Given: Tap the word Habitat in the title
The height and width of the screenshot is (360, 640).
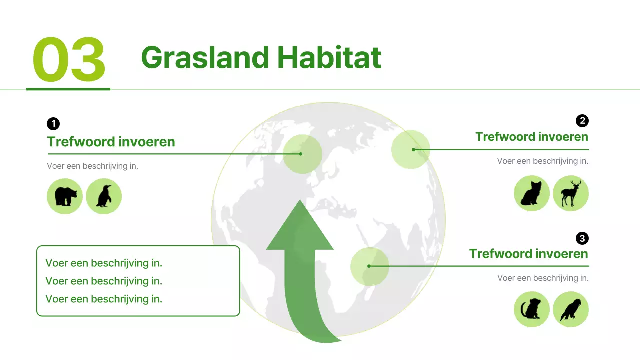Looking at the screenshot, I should pyautogui.click(x=329, y=57).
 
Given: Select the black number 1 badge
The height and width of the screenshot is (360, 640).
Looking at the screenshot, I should pyautogui.click(x=53, y=124).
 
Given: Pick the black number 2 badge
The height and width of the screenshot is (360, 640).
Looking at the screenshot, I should pyautogui.click(x=582, y=121).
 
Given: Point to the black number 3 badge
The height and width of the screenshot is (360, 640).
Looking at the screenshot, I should pyautogui.click(x=582, y=238).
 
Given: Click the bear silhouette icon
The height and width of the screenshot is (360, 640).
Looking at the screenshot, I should pyautogui.click(x=65, y=196).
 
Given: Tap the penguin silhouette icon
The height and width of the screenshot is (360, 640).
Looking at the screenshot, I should pyautogui.click(x=104, y=196).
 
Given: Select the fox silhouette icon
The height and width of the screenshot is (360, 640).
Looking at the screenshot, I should pyautogui.click(x=532, y=193).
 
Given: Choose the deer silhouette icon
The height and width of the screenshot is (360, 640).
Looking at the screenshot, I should pyautogui.click(x=571, y=193).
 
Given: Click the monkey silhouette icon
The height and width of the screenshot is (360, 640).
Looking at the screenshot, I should pyautogui.click(x=532, y=309).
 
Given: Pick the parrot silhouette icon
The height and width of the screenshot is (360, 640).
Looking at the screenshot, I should pyautogui.click(x=571, y=309).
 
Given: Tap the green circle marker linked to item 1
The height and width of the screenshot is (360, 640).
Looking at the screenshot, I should pyautogui.click(x=302, y=154).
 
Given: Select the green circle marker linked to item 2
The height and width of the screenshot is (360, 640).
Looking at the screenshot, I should pyautogui.click(x=410, y=149).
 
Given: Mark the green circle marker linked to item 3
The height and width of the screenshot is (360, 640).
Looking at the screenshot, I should pyautogui.click(x=369, y=266).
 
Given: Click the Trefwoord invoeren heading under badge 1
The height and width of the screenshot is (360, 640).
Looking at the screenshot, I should pyautogui.click(x=111, y=142).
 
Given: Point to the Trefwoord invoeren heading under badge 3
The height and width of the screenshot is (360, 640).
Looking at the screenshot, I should pyautogui.click(x=528, y=254).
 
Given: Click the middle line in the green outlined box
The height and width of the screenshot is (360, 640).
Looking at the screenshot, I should pyautogui.click(x=104, y=281).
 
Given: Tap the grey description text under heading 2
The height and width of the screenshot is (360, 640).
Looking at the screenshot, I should pyautogui.click(x=542, y=161).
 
